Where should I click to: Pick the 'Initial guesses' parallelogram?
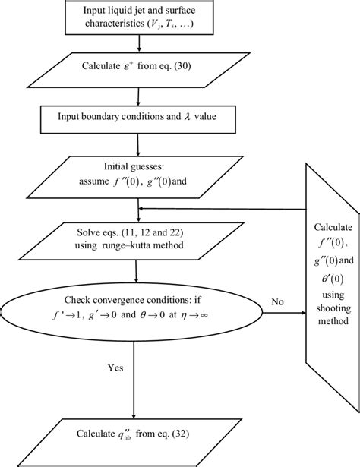tap(137, 174)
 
